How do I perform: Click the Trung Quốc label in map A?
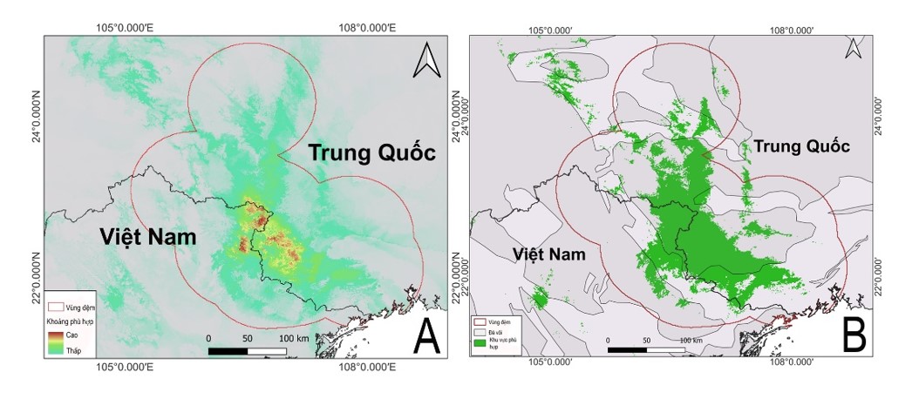371,153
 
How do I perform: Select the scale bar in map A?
247,350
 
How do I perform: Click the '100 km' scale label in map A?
293,338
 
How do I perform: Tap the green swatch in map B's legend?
480,344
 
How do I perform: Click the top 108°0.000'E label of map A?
366,28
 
